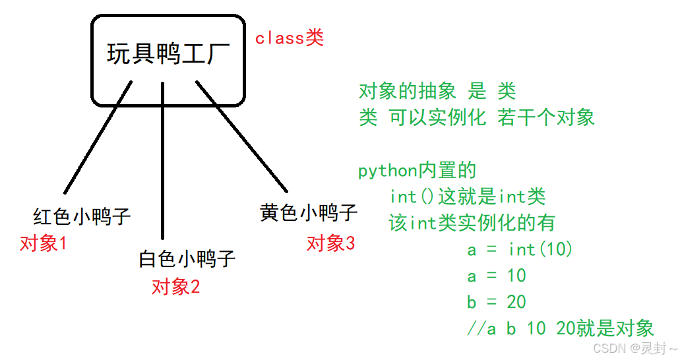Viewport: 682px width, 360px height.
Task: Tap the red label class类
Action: coord(290,38)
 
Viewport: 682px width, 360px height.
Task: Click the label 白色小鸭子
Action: coord(187,258)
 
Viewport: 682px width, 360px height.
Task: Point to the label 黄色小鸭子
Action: coord(309,213)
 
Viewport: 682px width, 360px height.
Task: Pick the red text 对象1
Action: coord(44,244)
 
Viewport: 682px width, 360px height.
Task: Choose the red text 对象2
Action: coord(175,287)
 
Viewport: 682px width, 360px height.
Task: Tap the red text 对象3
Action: coord(330,243)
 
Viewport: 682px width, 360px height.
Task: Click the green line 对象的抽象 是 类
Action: coord(437,91)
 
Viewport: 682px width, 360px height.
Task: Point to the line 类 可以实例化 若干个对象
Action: coord(476,117)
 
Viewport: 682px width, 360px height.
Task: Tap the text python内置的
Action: coord(416,171)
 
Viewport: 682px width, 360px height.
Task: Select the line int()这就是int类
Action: coord(467,196)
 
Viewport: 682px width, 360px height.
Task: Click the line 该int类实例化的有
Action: coord(472,223)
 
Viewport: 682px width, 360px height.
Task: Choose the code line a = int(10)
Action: coord(520,249)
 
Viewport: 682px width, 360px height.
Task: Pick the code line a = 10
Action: coord(496,276)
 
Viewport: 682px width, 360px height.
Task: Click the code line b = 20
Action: coord(496,302)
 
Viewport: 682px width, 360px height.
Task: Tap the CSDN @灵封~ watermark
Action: coord(635,347)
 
